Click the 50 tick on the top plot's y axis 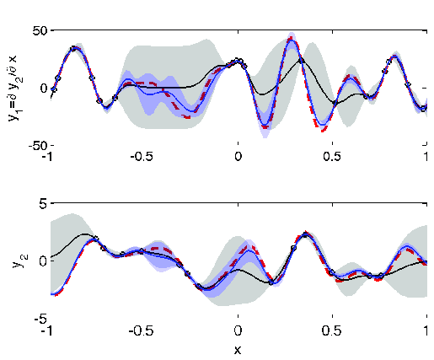(37, 31)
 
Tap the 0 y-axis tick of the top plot (42, 88)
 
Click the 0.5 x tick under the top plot (333, 157)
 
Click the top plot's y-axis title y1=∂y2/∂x (14, 88)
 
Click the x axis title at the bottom (238, 348)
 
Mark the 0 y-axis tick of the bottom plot (42, 261)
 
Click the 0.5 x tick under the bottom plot (333, 330)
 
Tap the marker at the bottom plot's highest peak (305, 234)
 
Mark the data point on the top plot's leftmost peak (73, 49)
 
